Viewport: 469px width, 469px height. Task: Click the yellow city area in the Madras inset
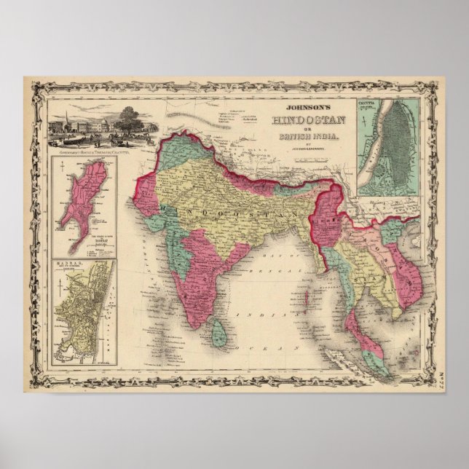80,320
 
